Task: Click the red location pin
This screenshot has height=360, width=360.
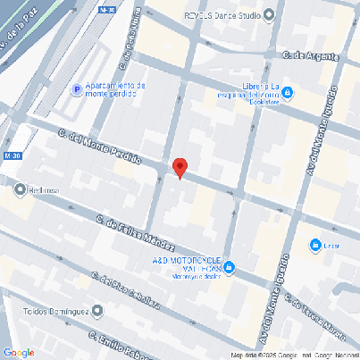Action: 180,167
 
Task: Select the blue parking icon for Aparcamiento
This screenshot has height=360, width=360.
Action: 78,89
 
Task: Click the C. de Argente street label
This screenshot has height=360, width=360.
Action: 311,55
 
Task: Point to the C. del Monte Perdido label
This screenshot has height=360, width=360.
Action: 99,147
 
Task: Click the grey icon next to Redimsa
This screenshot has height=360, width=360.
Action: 20,188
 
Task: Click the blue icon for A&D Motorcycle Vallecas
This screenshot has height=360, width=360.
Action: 230,267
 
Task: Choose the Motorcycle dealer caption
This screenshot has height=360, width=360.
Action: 188,275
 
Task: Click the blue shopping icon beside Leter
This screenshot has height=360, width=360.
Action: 314,246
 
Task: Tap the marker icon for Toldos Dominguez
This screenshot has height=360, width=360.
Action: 97,311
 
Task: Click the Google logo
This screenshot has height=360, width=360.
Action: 19,352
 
